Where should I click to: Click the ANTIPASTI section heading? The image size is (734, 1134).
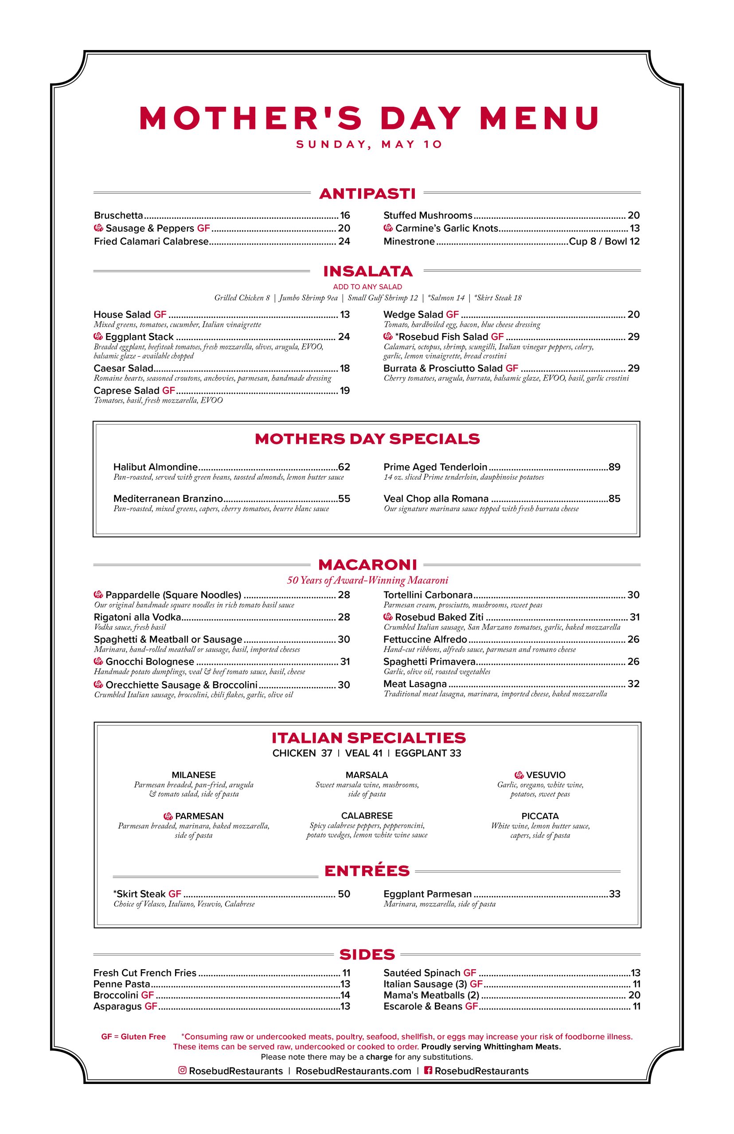367,194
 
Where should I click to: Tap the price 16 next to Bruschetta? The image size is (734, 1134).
344,216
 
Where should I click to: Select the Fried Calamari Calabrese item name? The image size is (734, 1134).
151,241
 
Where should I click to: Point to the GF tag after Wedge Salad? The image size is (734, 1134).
452,315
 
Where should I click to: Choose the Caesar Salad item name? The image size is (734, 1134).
124,368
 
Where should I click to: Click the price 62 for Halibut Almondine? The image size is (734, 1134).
344,467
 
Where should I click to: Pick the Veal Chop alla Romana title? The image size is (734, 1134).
436,499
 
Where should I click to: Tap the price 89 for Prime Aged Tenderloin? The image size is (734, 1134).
614,467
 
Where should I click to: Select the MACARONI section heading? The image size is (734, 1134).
367,565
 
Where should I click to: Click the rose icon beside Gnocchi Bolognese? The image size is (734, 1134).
99,661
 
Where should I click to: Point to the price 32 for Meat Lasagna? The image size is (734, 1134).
633,684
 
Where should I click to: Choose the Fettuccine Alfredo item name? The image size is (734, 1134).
425,640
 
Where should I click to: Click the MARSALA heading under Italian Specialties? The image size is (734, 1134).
367,775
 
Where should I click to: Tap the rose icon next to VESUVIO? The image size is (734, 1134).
519,775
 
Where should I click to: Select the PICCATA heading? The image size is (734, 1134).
540,816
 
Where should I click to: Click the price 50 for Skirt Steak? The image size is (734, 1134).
344,894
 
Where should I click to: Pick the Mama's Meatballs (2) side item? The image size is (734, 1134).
431,995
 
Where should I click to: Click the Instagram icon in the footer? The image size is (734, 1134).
182,1070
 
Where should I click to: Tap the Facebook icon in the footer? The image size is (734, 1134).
428,1070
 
